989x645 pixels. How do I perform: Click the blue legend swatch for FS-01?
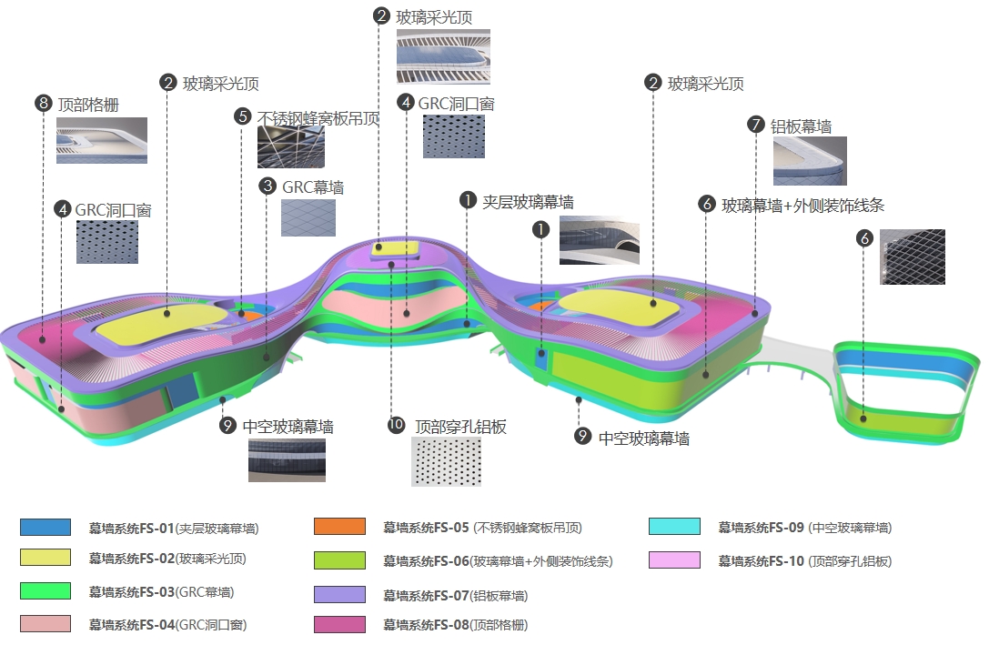(x=45, y=527)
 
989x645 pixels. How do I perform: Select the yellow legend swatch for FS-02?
(x=45, y=558)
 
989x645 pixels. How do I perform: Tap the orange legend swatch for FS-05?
(x=339, y=527)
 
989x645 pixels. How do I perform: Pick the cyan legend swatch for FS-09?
(x=674, y=527)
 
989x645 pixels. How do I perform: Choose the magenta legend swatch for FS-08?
(x=339, y=624)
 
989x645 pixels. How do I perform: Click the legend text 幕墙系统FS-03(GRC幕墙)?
(x=161, y=592)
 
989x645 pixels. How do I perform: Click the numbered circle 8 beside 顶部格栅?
(x=43, y=104)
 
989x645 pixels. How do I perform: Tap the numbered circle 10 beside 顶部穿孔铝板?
(x=396, y=426)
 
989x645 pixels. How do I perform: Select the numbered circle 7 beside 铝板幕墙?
(x=755, y=125)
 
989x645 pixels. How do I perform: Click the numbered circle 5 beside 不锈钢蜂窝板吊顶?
(x=242, y=116)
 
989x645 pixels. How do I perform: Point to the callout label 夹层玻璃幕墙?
(x=528, y=202)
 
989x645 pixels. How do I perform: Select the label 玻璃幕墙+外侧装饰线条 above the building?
(x=802, y=206)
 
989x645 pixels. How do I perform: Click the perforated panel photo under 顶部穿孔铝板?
(x=447, y=461)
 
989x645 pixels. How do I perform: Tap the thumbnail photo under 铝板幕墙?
(x=810, y=161)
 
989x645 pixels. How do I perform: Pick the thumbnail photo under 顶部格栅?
(x=101, y=141)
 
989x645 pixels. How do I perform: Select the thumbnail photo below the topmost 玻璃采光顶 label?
(x=443, y=56)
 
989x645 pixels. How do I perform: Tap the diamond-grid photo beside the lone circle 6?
(x=912, y=257)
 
